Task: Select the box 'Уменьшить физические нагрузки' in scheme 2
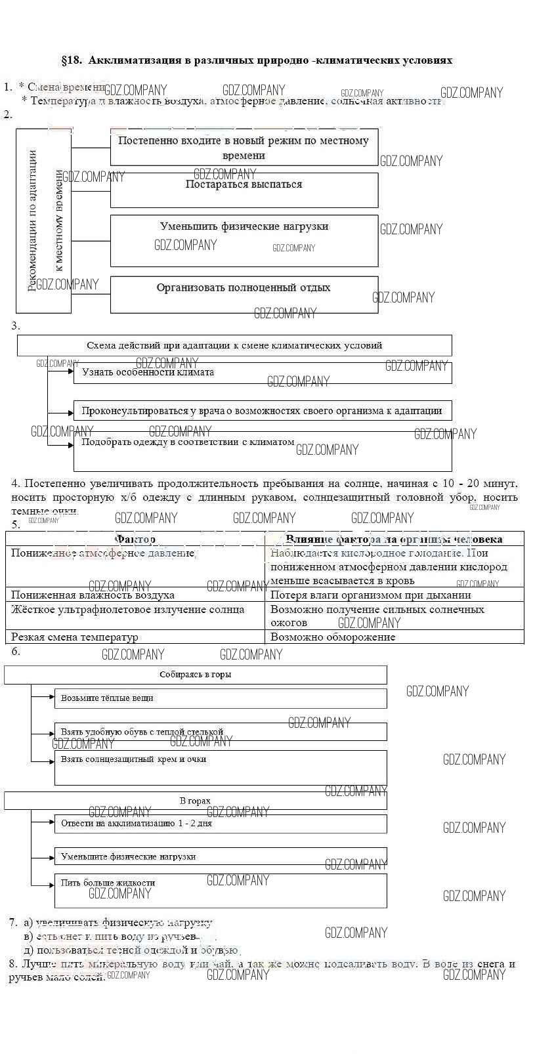click(244, 240)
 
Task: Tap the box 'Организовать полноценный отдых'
click(244, 294)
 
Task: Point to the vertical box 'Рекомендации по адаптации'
click(43, 221)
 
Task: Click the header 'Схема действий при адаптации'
click(234, 345)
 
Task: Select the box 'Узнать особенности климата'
click(263, 373)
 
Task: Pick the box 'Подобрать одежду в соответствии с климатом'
click(263, 451)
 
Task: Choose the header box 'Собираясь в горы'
click(196, 675)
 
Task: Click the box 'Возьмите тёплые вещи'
click(221, 698)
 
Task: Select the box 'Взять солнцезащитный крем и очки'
click(221, 767)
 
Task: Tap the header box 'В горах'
click(196, 801)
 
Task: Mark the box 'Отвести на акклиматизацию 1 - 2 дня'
click(221, 824)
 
